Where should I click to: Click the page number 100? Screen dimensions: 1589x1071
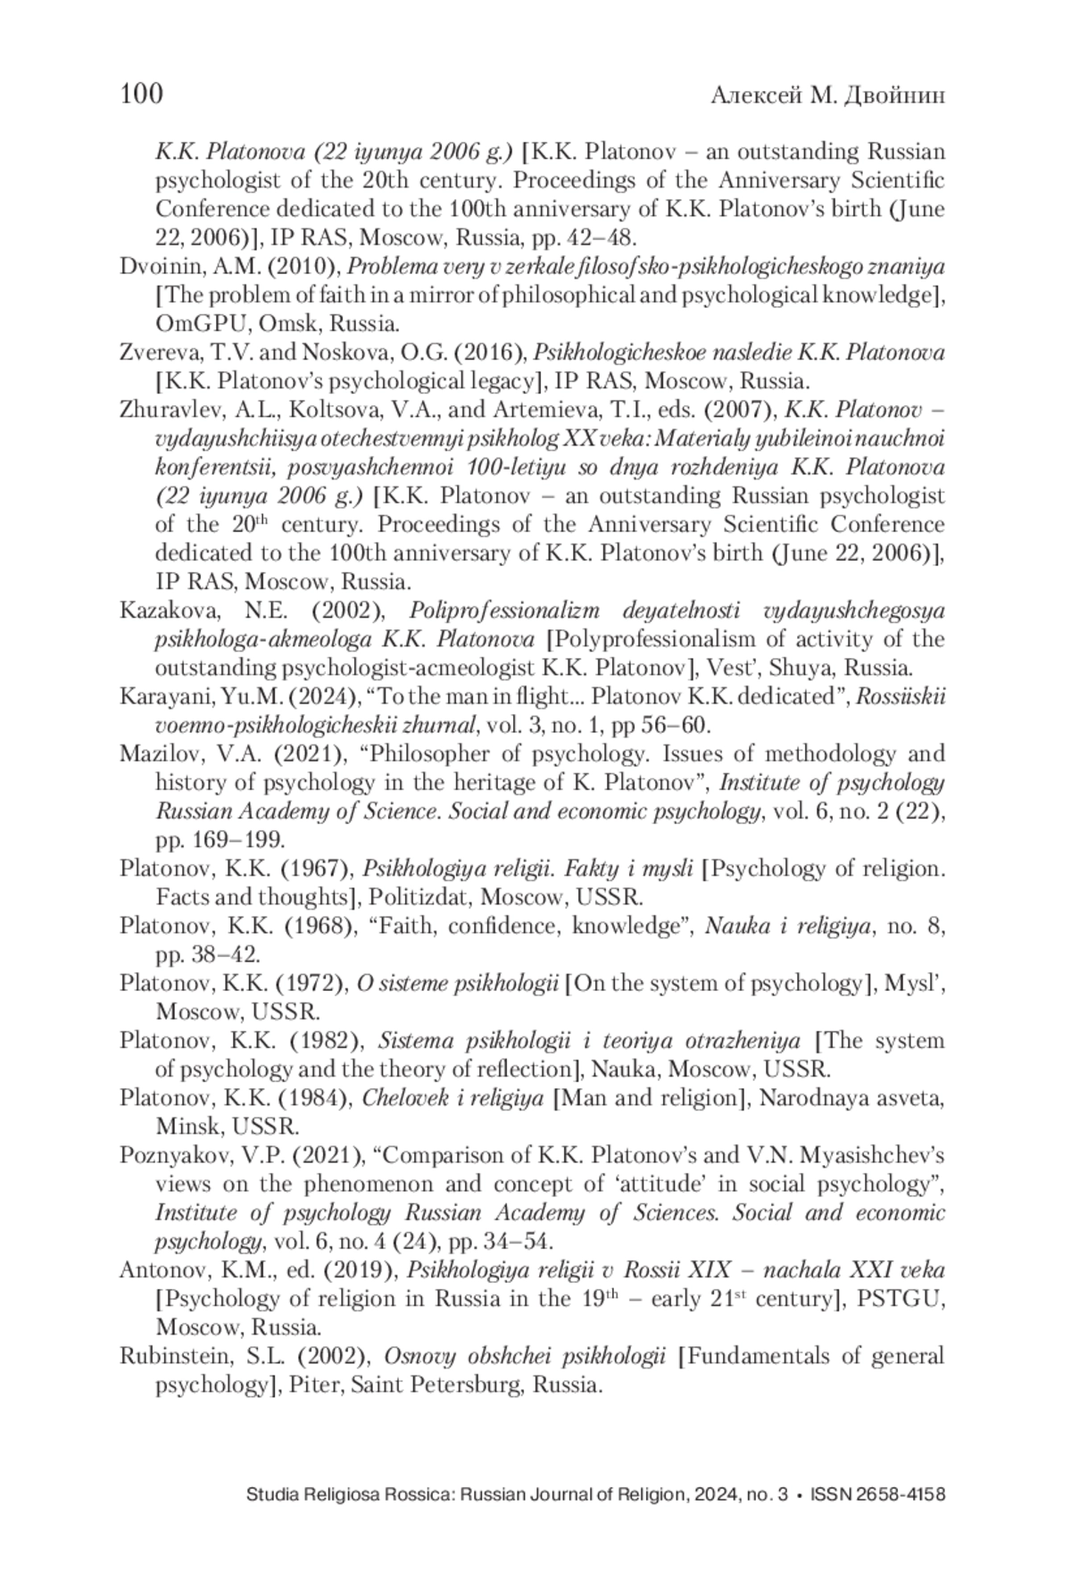141,94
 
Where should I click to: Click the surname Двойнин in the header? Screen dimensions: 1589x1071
893,96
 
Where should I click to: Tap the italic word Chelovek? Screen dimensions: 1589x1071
402,1098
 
